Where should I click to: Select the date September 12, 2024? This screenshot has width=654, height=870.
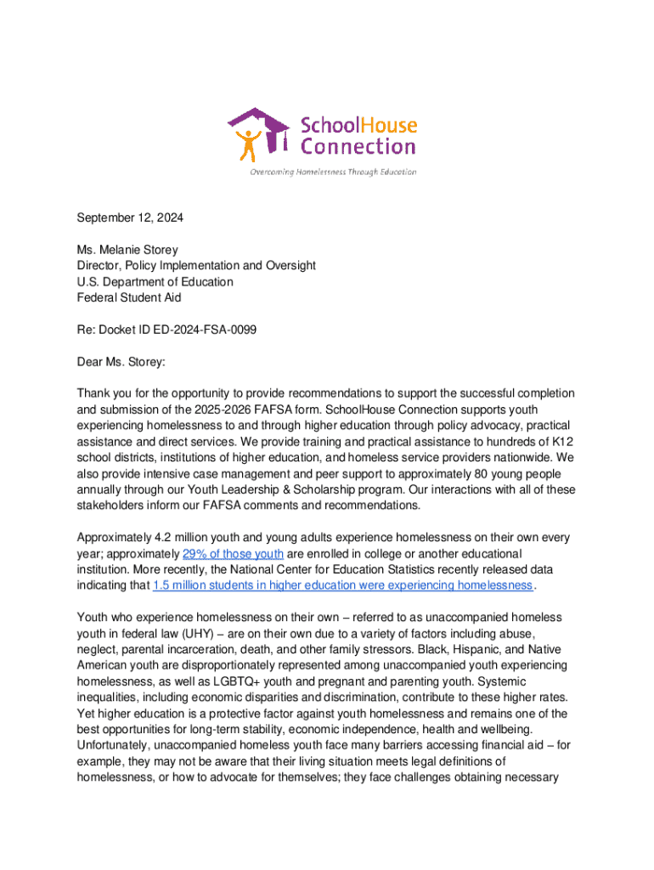tap(130, 218)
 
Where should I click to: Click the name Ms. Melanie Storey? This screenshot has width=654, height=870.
tap(125, 250)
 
